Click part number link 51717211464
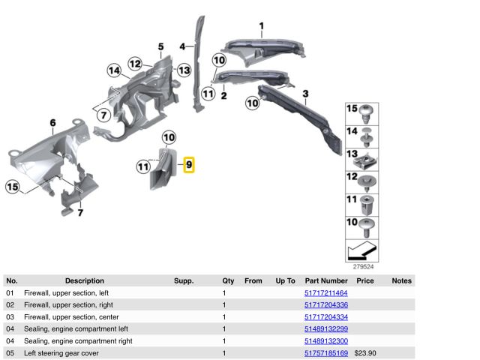[x=326, y=292]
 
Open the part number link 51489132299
[x=326, y=328]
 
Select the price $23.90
[x=365, y=352]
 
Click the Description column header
[x=85, y=280]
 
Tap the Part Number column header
[x=326, y=280]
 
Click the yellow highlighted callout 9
[x=189, y=163]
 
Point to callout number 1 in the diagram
[x=261, y=28]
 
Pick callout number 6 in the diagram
[x=52, y=123]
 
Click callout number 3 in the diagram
[x=305, y=94]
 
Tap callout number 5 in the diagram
[x=160, y=47]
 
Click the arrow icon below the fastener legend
[x=361, y=248]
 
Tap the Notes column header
[x=401, y=280]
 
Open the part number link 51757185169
[x=326, y=352]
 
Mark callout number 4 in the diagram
[x=182, y=46]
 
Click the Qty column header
[x=228, y=280]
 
